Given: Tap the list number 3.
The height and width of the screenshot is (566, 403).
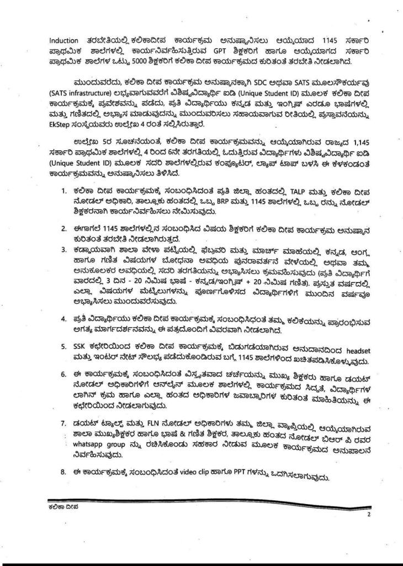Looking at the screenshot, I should point(63,250).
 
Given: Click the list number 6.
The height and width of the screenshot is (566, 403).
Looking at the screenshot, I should point(63,375).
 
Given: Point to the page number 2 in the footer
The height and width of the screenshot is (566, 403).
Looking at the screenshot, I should point(367,514).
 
